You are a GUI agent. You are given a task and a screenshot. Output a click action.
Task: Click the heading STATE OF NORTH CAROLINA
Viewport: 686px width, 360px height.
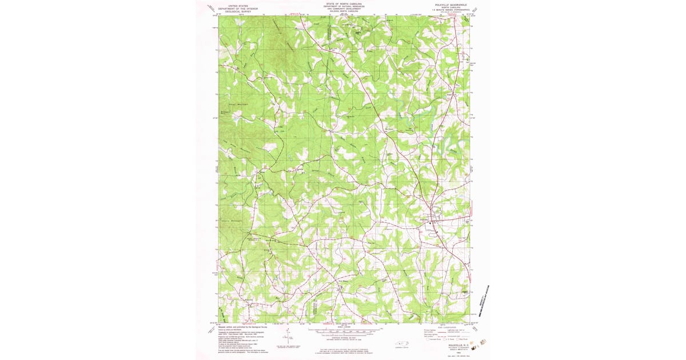point(344,3)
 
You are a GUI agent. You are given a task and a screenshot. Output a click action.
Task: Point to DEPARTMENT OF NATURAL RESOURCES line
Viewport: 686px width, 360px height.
point(344,6)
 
